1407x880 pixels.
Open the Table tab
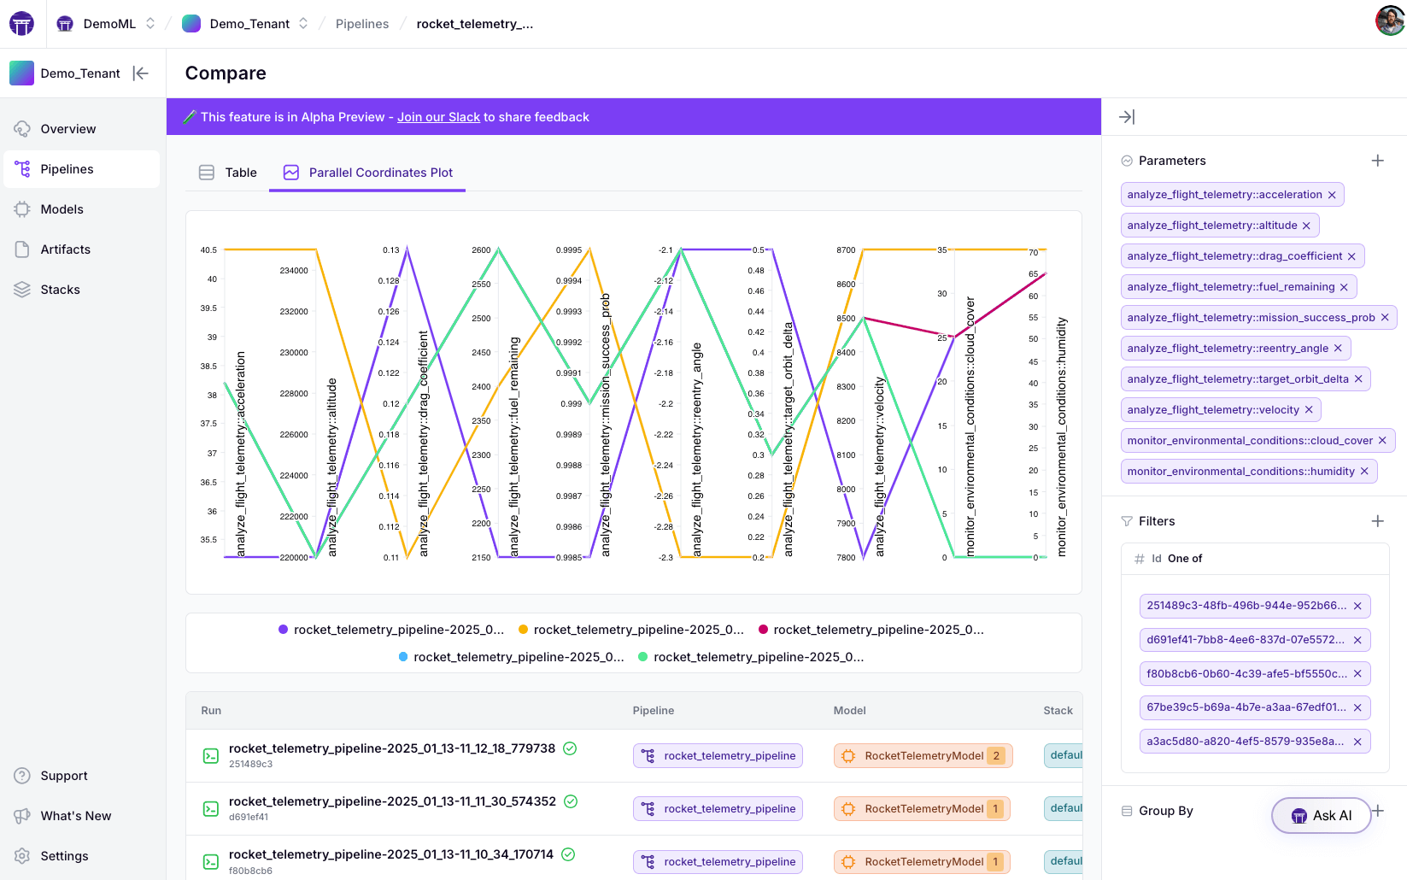(x=228, y=173)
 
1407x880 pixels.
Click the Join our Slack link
(x=438, y=117)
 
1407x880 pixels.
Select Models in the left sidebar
(x=62, y=209)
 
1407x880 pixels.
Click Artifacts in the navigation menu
(x=65, y=249)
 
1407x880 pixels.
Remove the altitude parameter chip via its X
(x=1306, y=226)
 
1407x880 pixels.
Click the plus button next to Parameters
(x=1377, y=161)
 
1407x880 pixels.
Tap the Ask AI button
(x=1321, y=815)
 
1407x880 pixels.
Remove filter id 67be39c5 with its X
(x=1357, y=707)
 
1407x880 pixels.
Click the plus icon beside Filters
(x=1377, y=521)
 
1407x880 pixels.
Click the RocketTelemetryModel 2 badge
(x=923, y=756)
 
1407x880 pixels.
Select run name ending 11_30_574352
(x=392, y=801)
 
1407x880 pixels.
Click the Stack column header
(x=1058, y=711)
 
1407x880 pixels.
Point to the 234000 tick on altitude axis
(x=294, y=271)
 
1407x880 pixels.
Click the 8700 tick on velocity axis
(x=846, y=250)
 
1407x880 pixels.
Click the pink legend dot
(x=763, y=630)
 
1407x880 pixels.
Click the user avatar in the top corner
(x=1389, y=21)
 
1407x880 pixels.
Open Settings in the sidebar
(x=64, y=856)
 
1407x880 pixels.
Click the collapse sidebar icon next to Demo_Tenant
(x=141, y=73)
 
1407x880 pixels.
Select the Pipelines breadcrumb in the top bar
(x=361, y=24)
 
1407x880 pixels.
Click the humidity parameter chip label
(x=1240, y=472)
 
